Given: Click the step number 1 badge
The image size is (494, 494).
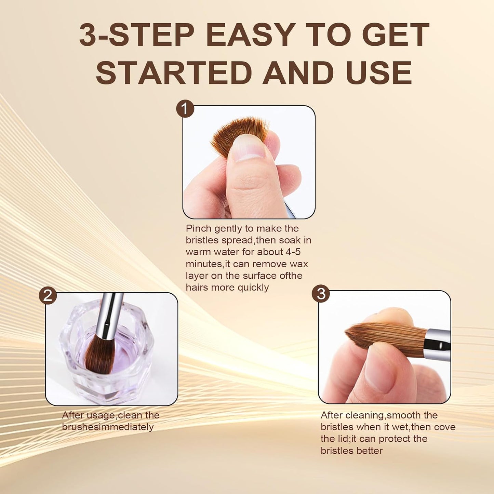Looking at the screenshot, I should click(185, 109).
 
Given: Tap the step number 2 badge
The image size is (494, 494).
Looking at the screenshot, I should click(48, 295).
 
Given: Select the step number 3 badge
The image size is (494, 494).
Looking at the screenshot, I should click(321, 294).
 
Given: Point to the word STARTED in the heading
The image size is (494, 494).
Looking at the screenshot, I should click(174, 73).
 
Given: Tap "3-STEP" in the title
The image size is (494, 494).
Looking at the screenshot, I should click(137, 35).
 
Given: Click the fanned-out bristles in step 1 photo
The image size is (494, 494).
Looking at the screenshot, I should click(239, 132).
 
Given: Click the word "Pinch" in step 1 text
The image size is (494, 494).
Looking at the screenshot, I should click(198, 228).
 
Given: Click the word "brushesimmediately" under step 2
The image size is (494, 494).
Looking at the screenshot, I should click(108, 427).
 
